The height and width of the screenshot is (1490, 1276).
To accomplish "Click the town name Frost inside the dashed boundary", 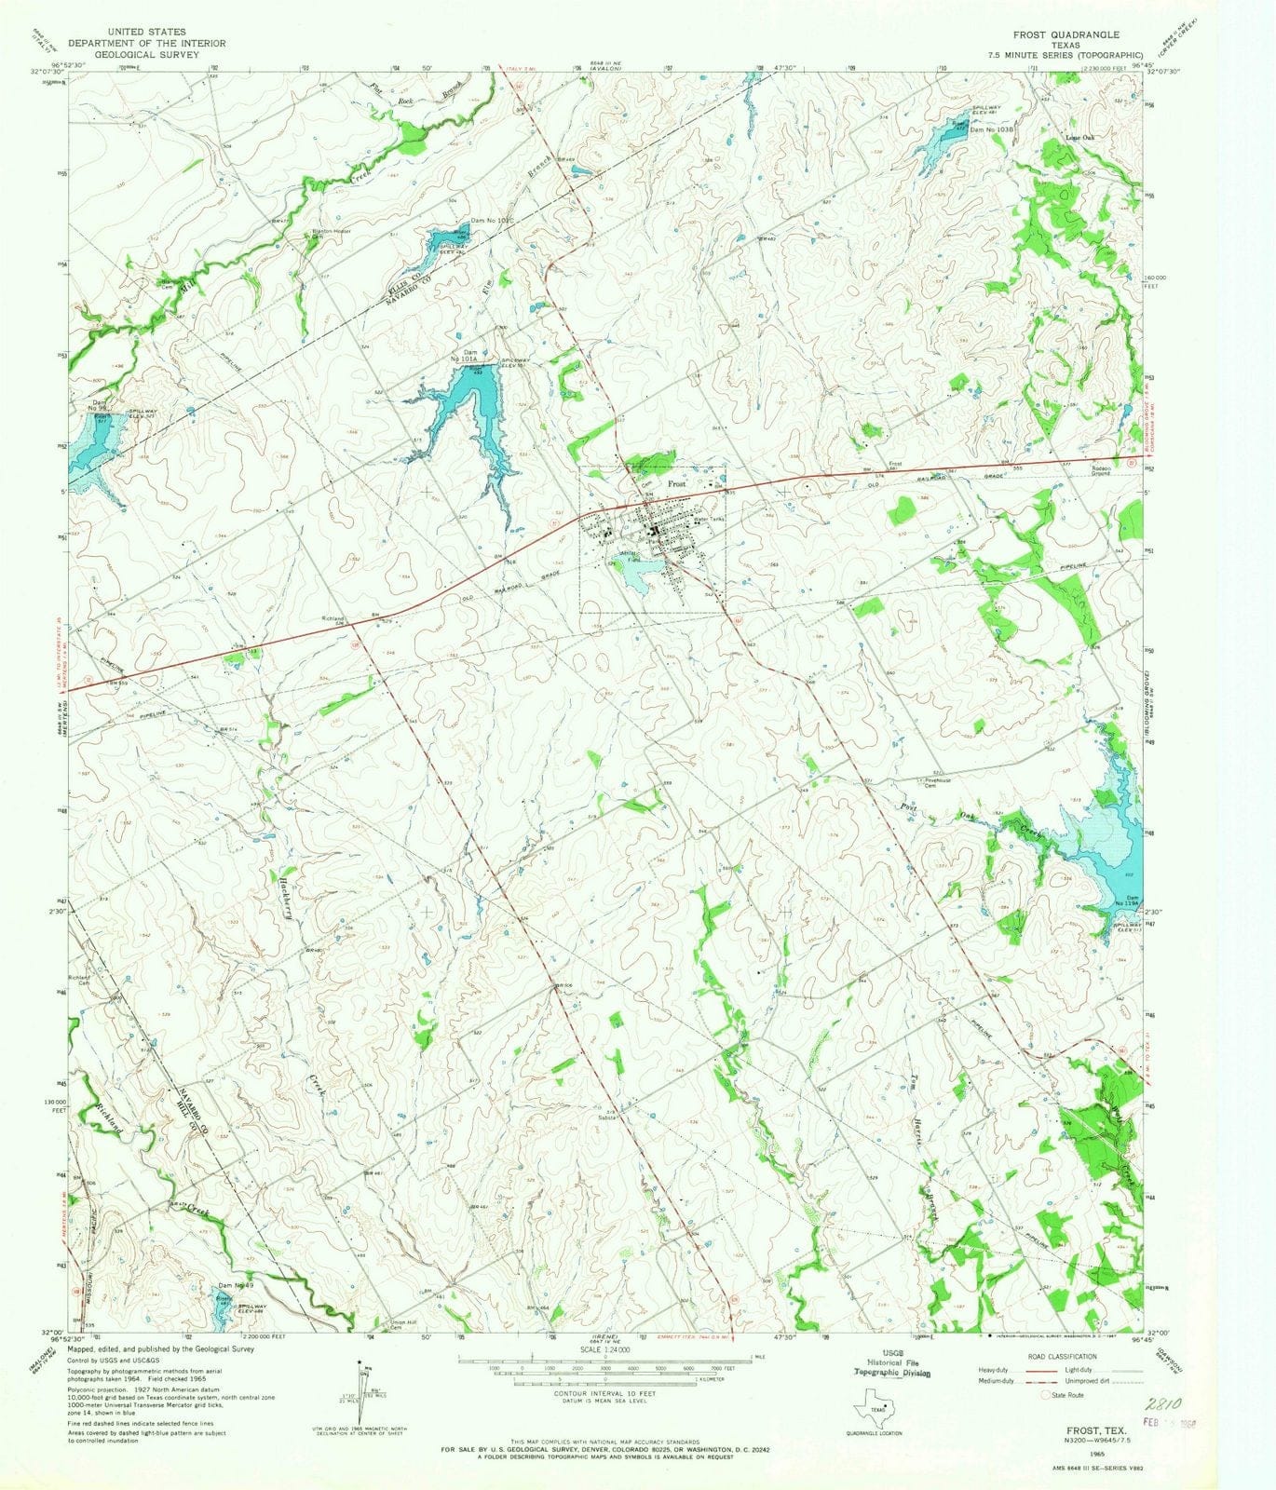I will [x=675, y=485].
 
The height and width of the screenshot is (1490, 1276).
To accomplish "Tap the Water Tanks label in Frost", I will [x=711, y=520].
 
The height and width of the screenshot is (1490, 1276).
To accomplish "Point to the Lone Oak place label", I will [x=1079, y=138].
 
